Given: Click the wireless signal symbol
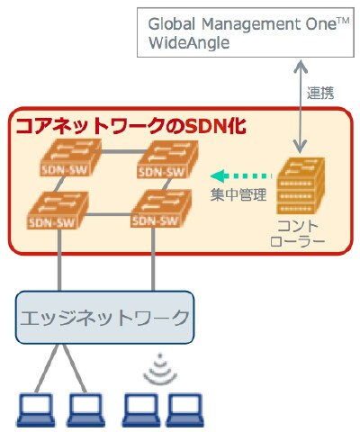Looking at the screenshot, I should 160,364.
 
